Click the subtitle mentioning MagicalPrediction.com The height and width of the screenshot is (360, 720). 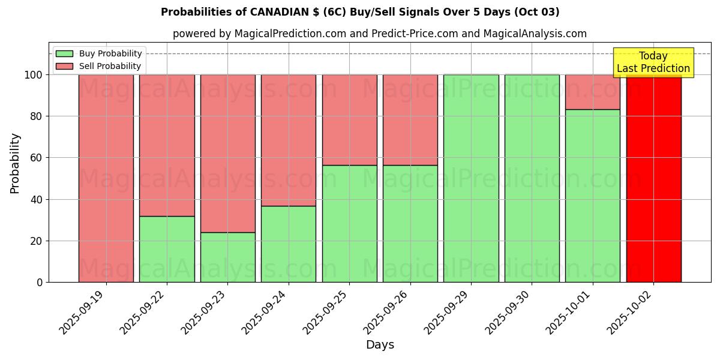tap(379, 34)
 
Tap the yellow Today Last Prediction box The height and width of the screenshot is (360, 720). tap(653, 62)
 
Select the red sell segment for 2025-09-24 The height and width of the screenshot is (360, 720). tap(289, 140)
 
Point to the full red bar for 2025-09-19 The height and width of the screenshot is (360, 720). tap(106, 178)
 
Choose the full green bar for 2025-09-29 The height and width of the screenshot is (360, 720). tap(471, 178)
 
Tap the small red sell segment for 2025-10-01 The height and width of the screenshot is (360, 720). tap(592, 92)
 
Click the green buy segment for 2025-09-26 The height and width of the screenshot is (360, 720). tap(410, 223)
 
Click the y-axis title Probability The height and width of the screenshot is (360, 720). tap(15, 163)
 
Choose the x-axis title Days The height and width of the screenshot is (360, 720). tap(380, 345)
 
